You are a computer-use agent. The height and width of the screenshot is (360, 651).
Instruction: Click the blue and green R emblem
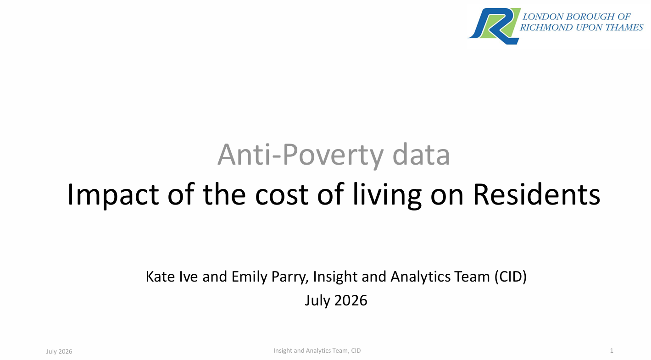point(495,26)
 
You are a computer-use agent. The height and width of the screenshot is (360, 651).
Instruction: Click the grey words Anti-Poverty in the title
point(300,155)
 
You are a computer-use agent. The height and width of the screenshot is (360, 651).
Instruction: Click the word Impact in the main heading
point(113,194)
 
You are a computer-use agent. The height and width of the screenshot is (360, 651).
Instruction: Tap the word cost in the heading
point(282,194)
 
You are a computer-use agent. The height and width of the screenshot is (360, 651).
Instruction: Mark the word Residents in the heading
point(536,194)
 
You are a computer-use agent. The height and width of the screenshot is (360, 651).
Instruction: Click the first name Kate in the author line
point(160,277)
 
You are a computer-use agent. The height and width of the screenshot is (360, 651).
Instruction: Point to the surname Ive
point(188,277)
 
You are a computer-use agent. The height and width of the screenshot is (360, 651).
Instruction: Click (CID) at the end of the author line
point(511,277)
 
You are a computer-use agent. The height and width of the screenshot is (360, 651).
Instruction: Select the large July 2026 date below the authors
point(336,300)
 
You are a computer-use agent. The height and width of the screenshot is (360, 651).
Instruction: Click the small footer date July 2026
point(59,352)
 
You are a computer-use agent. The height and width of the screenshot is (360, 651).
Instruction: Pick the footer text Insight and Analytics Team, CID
point(317,351)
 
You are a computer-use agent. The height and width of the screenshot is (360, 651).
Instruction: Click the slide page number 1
point(612,351)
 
